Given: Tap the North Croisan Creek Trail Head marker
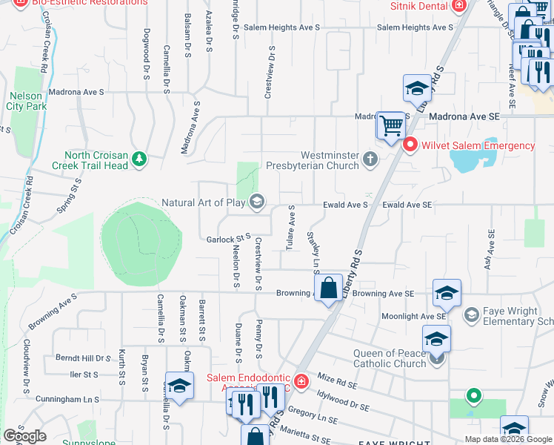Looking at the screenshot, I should (138, 158).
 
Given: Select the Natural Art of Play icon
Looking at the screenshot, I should (257, 202).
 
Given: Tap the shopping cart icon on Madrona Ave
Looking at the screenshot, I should (390, 124).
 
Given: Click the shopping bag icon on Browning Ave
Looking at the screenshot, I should (327, 287).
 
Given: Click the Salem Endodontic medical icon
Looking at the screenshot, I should (301, 382).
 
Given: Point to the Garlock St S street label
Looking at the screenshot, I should (224, 239).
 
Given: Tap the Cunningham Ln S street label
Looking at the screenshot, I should (70, 399).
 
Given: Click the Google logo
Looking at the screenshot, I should (24, 435).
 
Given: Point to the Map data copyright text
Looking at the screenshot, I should (508, 439).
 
